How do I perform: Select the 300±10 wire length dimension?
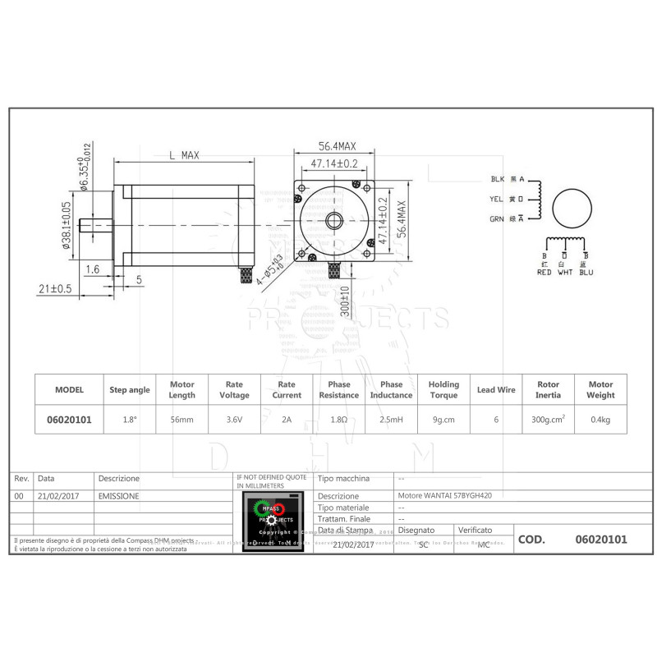pyautogui.click(x=346, y=301)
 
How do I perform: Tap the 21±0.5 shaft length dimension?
pyautogui.click(x=56, y=288)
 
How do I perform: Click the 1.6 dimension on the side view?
pyautogui.click(x=92, y=269)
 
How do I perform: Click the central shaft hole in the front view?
pyautogui.click(x=336, y=220)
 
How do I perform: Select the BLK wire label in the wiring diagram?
pyautogui.click(x=497, y=179)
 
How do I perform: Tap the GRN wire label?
pyautogui.click(x=497, y=218)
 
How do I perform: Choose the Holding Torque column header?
pyautogui.click(x=443, y=389)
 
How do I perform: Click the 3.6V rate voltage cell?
pyautogui.click(x=234, y=420)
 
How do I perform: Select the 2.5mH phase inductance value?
pyautogui.click(x=391, y=420)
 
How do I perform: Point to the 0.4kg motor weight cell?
pyautogui.click(x=600, y=420)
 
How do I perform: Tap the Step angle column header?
pyautogui.click(x=130, y=389)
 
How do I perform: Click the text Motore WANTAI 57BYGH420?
pyautogui.click(x=444, y=496)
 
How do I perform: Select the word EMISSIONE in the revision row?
pyautogui.click(x=118, y=496)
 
